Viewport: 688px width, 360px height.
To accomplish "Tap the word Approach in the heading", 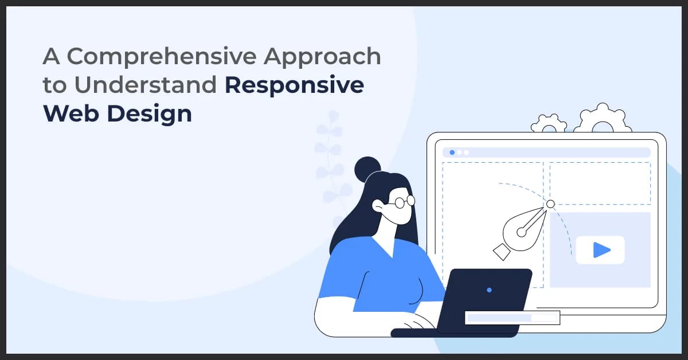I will coord(327,56).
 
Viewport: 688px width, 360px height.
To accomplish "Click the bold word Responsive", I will coord(294,85).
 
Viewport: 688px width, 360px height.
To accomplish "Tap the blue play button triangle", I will coord(601,250).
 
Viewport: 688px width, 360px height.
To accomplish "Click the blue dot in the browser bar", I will coord(452,152).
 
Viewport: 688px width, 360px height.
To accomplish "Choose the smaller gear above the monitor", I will coord(549,124).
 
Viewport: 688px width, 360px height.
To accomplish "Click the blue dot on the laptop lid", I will coord(489,290).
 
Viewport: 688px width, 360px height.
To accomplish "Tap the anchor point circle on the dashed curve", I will coord(550,204).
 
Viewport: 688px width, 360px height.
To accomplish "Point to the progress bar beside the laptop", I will coord(512,318).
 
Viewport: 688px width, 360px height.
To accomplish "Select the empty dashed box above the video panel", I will coord(600,182).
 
